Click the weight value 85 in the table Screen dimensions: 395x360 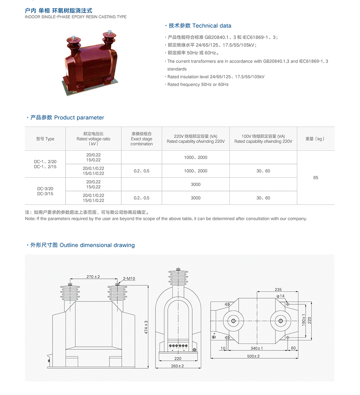316,178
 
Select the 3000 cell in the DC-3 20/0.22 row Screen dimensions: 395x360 195,185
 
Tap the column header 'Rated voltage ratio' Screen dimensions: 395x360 93,139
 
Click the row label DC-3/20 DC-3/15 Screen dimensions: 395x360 45,191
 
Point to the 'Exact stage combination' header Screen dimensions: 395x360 141,139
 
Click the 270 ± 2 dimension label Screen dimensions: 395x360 93,277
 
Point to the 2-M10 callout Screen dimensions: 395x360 129,278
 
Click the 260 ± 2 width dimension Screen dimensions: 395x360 177,366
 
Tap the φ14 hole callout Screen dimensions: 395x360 280,296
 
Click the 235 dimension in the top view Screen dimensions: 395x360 278,290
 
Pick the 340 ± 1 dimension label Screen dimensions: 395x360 257,348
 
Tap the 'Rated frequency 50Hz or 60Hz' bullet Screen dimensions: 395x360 198,85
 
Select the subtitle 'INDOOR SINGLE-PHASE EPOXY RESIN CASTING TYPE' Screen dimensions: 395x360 76,17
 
